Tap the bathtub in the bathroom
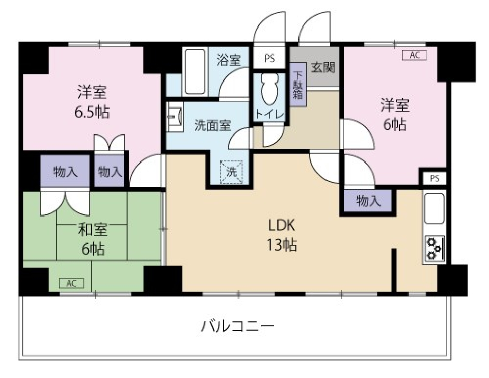point(194,71)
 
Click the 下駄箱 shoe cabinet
point(298,84)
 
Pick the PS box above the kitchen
point(434,179)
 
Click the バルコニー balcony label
point(238,325)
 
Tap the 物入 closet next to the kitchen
point(368,201)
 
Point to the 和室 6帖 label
point(92,239)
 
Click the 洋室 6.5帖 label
point(92,102)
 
